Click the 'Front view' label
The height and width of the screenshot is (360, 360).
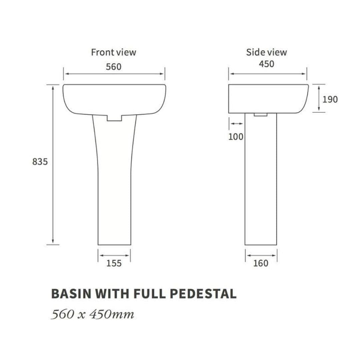pyautogui.click(x=113, y=52)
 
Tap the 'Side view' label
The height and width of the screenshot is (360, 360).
pyautogui.click(x=266, y=52)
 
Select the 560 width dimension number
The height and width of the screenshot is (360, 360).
pyautogui.click(x=114, y=67)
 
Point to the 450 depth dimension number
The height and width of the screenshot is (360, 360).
pyautogui.click(x=267, y=64)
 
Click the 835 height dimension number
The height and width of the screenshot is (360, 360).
pyautogui.click(x=40, y=162)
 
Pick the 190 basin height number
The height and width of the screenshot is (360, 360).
pyautogui.click(x=330, y=99)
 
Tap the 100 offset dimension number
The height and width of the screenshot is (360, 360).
pyautogui.click(x=236, y=137)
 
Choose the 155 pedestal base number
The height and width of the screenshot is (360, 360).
pyautogui.click(x=114, y=263)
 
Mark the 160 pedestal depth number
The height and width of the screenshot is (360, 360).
pyautogui.click(x=261, y=263)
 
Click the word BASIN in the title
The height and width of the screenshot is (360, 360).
pyautogui.click(x=71, y=294)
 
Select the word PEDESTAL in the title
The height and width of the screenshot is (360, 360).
pyautogui.click(x=203, y=294)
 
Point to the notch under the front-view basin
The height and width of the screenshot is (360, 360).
pyautogui.click(x=114, y=118)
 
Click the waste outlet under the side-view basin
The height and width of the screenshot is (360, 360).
pyautogui.click(x=261, y=115)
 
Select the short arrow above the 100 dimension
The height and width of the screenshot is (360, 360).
pyautogui.click(x=236, y=124)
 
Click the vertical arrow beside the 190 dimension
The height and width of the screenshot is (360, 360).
pyautogui.click(x=319, y=98)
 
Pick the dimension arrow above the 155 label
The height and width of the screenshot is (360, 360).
pyautogui.click(x=114, y=256)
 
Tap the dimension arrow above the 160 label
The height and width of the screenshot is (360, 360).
pyautogui.click(x=261, y=256)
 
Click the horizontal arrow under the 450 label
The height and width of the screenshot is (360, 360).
pyautogui.click(x=267, y=74)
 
